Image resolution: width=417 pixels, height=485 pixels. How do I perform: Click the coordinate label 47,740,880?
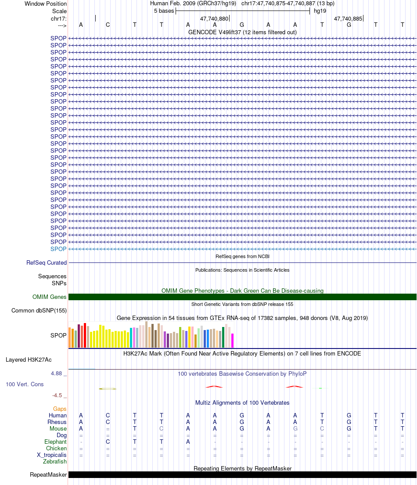coord(214,18)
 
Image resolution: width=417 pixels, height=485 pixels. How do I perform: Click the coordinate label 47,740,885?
coord(348,18)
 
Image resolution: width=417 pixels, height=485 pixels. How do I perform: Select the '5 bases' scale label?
coord(164,11)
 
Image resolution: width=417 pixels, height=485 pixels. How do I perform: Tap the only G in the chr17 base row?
coord(349,25)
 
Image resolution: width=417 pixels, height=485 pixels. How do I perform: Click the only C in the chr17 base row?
coord(108,25)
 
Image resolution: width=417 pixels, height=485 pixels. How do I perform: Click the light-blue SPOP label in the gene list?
coord(58,249)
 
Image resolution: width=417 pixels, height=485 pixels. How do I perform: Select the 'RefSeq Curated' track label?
coord(47,262)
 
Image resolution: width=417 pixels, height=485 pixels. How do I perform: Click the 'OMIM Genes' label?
coord(50,297)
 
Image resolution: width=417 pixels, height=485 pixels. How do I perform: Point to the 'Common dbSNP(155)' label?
coord(39,311)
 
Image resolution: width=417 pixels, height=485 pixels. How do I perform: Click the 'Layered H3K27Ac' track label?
coord(29,360)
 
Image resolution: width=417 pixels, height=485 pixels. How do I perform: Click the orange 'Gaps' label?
coord(60,409)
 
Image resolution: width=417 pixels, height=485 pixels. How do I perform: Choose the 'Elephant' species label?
coord(55,442)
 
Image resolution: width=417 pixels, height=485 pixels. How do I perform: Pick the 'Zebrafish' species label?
coord(55,461)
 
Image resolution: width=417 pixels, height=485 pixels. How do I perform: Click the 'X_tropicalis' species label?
coord(52,455)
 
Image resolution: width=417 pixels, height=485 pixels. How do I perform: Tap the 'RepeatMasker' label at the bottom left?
coord(48,474)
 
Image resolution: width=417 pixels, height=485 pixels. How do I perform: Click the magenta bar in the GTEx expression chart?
coord(233,341)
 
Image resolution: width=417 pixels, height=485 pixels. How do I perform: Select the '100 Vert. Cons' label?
coord(25,384)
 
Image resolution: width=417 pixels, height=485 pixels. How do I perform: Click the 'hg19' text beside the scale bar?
coord(320,11)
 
